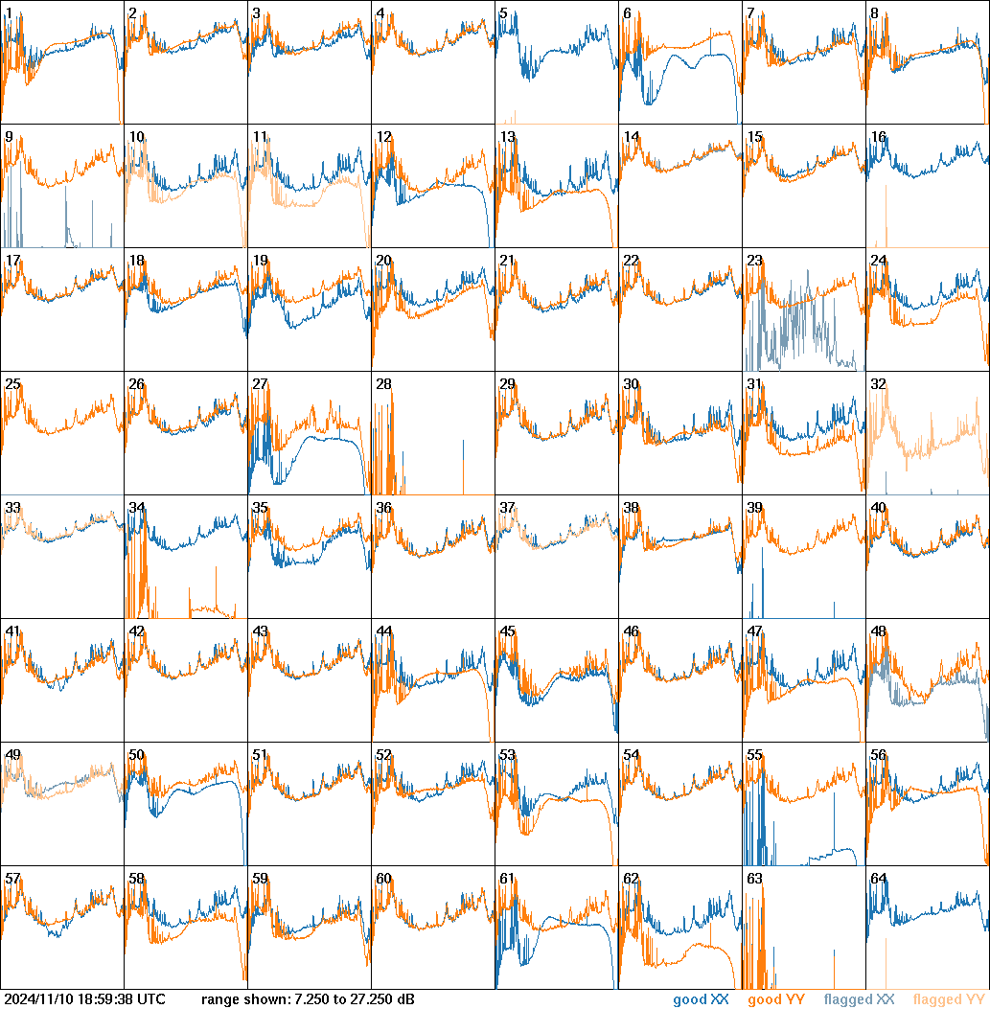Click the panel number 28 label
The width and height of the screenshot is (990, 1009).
click(x=383, y=384)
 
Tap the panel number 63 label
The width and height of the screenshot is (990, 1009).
click(x=754, y=879)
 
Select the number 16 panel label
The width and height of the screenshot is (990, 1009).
click(x=878, y=137)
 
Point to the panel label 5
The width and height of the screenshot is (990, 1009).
click(x=503, y=13)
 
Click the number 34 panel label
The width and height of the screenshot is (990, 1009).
click(x=136, y=508)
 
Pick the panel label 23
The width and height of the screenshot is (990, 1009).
click(x=754, y=261)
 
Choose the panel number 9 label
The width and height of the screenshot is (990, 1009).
click(x=9, y=137)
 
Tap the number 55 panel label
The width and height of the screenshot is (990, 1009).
click(x=754, y=755)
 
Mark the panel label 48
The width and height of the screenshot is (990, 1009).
click(x=878, y=631)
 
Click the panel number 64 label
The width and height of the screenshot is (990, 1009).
click(x=878, y=879)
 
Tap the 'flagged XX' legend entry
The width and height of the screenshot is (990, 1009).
click(x=860, y=999)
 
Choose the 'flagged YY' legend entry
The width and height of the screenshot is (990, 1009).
click(x=949, y=999)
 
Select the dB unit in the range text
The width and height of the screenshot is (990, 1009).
click(x=404, y=999)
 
